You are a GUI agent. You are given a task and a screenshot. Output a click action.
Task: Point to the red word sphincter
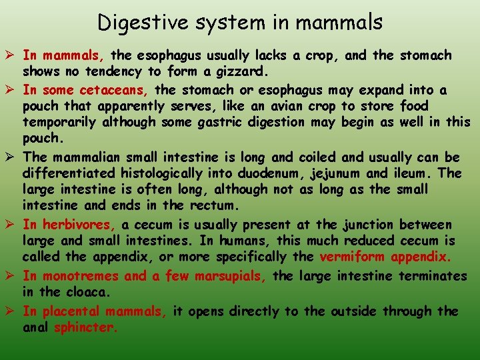(85, 327)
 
